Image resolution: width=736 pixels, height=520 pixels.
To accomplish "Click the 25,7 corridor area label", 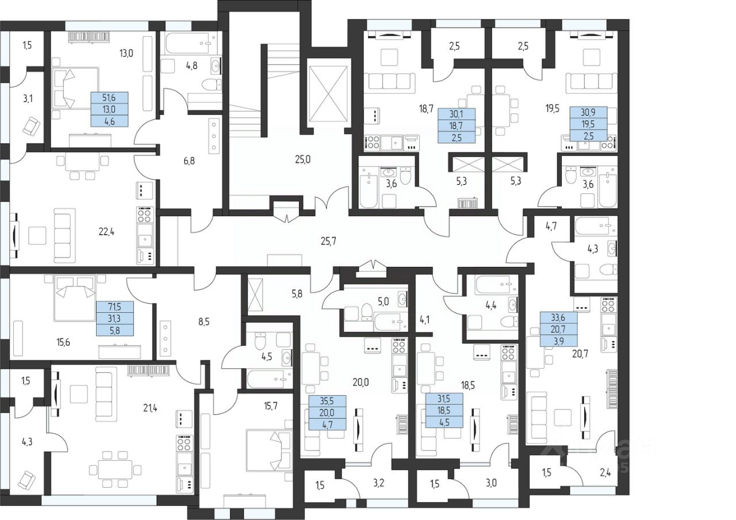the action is tap(328, 242).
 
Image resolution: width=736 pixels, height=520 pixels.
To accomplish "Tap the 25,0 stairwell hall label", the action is tap(302, 160).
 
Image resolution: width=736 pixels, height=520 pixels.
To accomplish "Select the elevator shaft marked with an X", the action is tap(328, 94).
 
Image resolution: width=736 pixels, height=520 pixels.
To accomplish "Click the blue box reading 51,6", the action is tap(109, 98).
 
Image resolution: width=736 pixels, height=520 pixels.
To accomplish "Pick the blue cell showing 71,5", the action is tap(114, 307).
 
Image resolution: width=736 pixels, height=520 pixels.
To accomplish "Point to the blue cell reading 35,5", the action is tap(327, 401).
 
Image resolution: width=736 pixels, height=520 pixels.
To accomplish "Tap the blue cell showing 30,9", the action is tap(588, 112).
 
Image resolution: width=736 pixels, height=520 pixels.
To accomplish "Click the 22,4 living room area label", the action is tap(106, 232).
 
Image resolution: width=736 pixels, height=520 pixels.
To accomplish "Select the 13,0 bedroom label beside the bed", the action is tap(126, 53).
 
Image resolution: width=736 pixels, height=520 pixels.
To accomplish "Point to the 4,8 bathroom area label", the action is tap(191, 66).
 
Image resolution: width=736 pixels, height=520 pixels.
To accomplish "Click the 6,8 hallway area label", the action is tap(189, 161).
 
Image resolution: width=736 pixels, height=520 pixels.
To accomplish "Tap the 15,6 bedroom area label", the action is tap(63, 342).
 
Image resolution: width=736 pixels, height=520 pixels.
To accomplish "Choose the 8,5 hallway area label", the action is tap(204, 322).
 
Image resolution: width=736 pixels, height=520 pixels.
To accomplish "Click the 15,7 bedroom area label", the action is tap(270, 406).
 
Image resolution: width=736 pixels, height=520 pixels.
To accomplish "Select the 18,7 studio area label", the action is tap(426, 109).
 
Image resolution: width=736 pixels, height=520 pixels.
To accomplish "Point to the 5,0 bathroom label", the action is tap(383, 301).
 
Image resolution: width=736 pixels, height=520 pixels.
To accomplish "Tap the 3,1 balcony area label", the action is tap(28, 98).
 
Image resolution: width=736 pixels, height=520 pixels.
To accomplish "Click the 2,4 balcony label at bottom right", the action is tap(605, 473).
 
